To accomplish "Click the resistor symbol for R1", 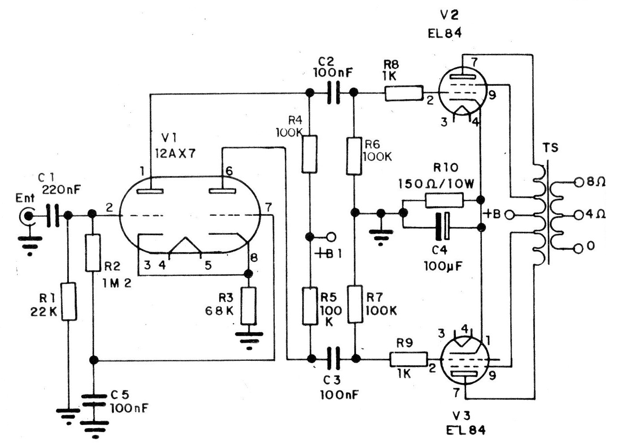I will pyautogui.click(x=68, y=302).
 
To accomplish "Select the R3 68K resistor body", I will pyautogui.click(x=248, y=306).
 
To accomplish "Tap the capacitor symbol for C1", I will pyautogui.click(x=53, y=216).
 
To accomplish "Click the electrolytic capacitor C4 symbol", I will pyautogui.click(x=442, y=227).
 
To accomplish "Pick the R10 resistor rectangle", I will pyautogui.click(x=444, y=201).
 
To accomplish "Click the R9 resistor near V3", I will pyautogui.click(x=409, y=358).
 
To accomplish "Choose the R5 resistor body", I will pyautogui.click(x=310, y=306).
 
